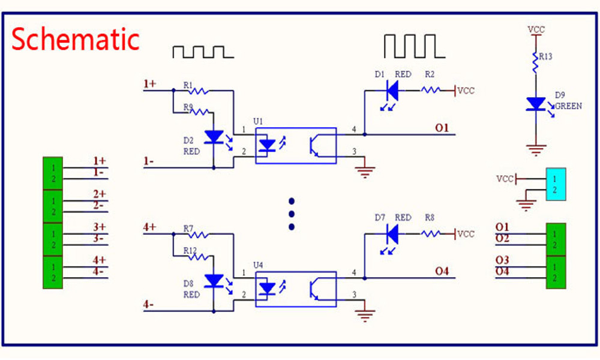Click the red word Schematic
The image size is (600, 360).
pos(76,40)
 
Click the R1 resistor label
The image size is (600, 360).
pos(188,86)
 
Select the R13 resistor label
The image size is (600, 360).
pos(545,56)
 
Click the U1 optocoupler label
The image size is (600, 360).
pos(258,121)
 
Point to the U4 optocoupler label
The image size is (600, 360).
pos(258,265)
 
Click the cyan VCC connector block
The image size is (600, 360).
pos(556,184)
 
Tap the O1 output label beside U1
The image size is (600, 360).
pos(442,128)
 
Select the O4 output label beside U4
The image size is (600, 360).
pos(442,271)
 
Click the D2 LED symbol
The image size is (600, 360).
pos(214,137)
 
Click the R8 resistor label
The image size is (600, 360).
pos(430,218)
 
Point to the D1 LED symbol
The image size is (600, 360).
pos(392,91)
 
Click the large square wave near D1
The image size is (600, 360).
pos(414,46)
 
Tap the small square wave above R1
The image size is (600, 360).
pos(203,52)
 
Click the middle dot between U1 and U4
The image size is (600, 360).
pos(292,214)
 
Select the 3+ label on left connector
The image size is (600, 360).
pos(99,227)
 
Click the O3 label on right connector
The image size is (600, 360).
pos(502,260)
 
